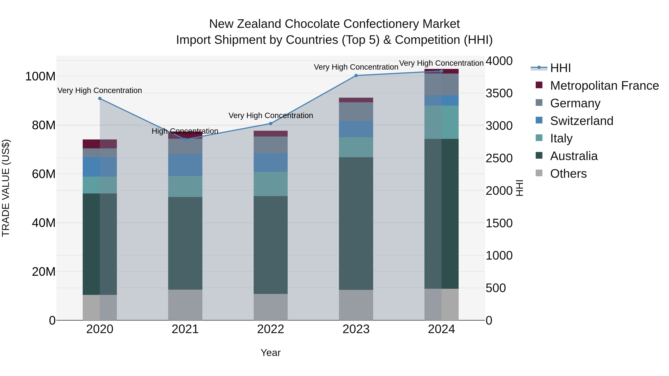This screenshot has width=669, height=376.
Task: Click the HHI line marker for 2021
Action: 185,139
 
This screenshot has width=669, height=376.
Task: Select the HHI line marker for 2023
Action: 356,76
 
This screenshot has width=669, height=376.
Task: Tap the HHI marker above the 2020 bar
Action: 100,99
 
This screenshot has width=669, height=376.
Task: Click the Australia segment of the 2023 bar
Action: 356,223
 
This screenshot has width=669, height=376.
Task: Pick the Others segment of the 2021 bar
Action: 185,305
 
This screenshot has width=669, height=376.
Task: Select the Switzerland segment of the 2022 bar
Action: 271,162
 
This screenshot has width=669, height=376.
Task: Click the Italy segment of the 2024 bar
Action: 442,122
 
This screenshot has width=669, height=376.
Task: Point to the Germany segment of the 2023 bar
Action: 356,112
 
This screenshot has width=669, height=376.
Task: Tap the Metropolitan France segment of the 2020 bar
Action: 100,144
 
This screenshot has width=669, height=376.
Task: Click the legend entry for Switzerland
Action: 581,121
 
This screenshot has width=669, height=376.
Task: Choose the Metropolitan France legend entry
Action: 604,86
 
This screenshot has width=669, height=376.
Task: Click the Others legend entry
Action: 568,174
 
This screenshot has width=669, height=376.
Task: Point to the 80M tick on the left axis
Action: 44,125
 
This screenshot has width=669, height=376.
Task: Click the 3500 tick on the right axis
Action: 499,93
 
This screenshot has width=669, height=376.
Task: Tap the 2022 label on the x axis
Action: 271,329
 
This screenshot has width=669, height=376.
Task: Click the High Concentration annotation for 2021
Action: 185,131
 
